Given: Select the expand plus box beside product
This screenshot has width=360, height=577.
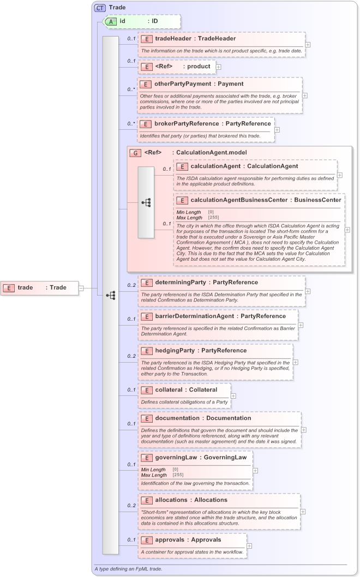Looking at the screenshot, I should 219,67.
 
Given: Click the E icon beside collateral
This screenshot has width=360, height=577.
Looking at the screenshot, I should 146,390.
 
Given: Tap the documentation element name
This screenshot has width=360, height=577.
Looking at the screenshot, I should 180,418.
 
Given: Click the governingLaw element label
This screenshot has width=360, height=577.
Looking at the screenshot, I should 176,458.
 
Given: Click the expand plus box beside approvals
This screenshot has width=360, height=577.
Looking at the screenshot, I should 249,545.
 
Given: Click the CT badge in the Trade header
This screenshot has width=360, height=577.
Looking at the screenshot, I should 100,8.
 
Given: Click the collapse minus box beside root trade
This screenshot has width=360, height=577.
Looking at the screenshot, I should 81,287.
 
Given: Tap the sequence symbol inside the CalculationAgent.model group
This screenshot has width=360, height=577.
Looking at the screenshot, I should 146,202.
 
